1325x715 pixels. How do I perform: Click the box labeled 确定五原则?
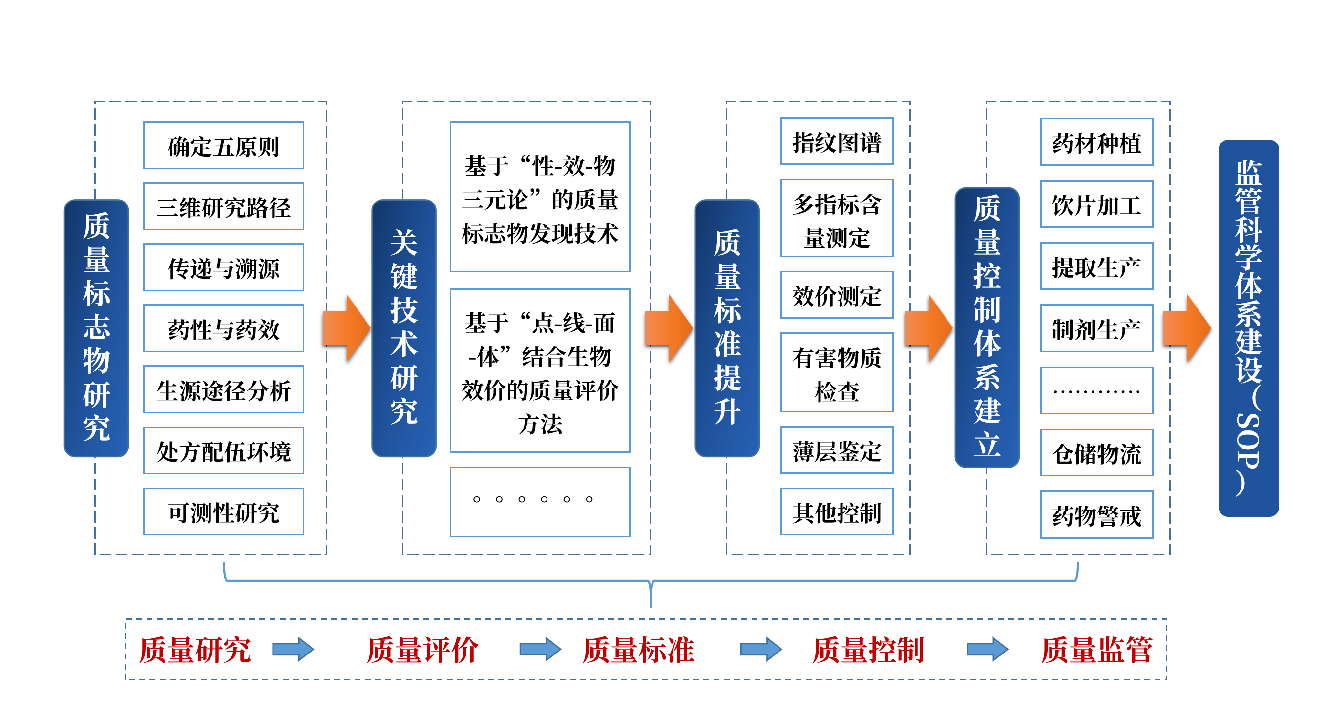[x=223, y=145]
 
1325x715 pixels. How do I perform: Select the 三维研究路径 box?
[x=223, y=206]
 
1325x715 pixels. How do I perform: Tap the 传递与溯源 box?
[x=223, y=268]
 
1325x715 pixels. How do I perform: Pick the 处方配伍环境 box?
[x=223, y=451]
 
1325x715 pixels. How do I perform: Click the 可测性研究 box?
[x=223, y=512]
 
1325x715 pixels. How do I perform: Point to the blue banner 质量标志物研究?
[x=96, y=328]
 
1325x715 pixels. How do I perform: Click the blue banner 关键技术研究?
[x=404, y=328]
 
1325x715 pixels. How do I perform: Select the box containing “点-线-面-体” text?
[x=540, y=371]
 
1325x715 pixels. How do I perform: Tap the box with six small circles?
[x=540, y=502]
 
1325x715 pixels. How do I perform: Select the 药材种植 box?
[x=1096, y=143]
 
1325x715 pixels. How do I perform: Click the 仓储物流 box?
[x=1096, y=453]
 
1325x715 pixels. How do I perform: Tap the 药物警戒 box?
[x=1096, y=515]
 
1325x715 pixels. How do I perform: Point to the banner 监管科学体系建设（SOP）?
[x=1248, y=328]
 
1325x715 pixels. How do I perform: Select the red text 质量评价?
[x=422, y=650]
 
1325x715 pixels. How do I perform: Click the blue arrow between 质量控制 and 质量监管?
[x=987, y=650]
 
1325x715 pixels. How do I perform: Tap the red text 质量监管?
[x=1096, y=650]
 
